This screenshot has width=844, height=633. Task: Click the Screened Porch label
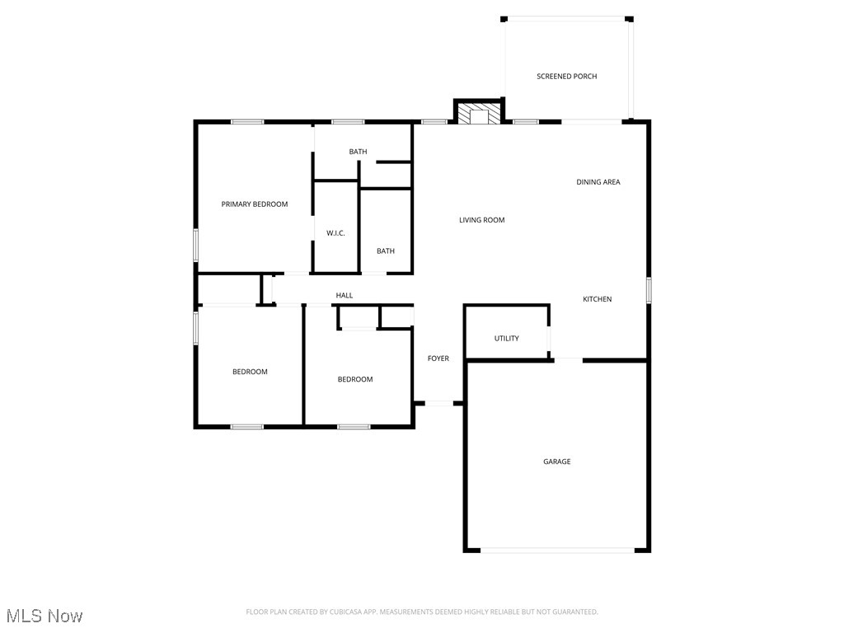(566, 77)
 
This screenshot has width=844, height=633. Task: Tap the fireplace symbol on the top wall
(479, 115)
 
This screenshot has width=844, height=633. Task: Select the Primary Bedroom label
(255, 204)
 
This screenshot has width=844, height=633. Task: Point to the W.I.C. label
(335, 233)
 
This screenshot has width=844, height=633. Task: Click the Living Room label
(481, 220)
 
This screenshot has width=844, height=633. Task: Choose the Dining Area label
(598, 182)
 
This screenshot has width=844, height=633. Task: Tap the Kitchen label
(598, 299)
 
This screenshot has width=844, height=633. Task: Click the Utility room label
(506, 339)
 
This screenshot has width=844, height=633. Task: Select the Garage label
(556, 462)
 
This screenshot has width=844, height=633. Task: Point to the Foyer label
(438, 359)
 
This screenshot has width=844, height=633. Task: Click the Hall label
(344, 295)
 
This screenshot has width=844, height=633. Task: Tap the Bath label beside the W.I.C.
(386, 251)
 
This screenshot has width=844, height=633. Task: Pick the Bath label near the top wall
(358, 152)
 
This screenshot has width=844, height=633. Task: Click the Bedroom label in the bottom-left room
(250, 372)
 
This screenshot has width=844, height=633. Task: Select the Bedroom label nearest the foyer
(355, 379)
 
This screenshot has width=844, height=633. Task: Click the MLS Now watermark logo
(45, 616)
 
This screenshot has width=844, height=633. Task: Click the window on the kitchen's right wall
(649, 290)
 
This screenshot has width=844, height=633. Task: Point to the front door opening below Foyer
(439, 403)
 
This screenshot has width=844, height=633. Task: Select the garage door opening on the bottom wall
(557, 550)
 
